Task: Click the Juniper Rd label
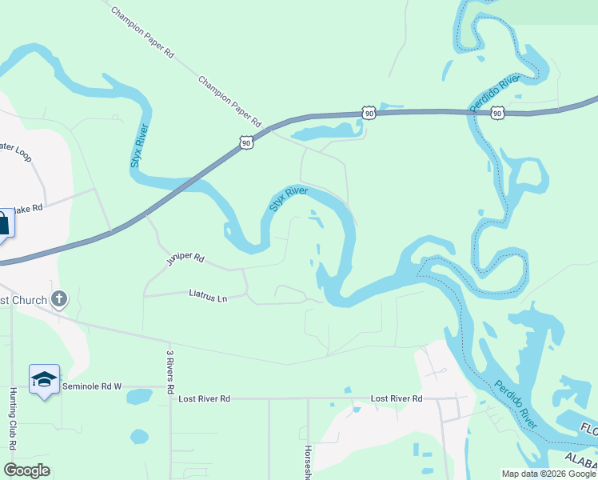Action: click(x=185, y=259)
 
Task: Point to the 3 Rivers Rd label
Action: click(x=170, y=372)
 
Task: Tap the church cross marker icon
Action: click(x=58, y=299)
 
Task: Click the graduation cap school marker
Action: click(x=44, y=380)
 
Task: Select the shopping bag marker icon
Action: click(x=2, y=223)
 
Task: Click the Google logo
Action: click(x=27, y=470)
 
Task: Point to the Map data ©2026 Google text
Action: click(x=548, y=474)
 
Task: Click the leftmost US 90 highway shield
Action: click(x=245, y=142)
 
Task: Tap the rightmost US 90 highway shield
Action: click(x=497, y=113)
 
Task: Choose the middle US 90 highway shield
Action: click(x=368, y=114)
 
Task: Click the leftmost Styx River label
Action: click(x=140, y=145)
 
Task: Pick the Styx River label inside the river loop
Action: click(x=289, y=198)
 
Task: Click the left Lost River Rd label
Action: click(x=204, y=398)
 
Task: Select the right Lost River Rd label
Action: click(x=397, y=398)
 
